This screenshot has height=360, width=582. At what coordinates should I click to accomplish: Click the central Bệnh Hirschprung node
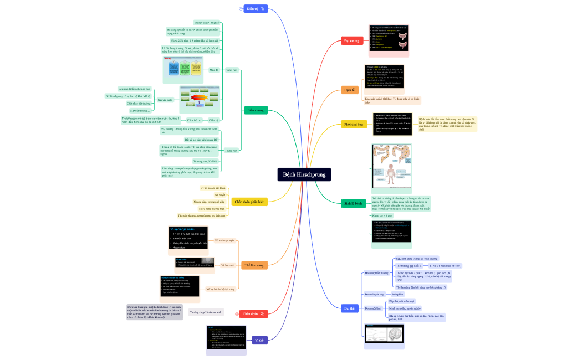coord(304,174)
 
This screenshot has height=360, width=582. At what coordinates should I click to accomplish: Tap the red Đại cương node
coord(352,41)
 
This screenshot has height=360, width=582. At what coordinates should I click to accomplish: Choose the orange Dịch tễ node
coord(349,90)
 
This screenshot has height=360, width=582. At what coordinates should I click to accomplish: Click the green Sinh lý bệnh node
coord(354,203)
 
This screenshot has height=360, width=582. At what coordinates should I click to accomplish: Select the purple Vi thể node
coord(258,340)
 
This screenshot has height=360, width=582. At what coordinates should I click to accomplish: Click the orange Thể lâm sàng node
coord(254,265)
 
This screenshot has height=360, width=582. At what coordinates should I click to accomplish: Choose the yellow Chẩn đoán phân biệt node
coord(249,202)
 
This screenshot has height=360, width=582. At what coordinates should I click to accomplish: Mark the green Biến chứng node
coord(255,110)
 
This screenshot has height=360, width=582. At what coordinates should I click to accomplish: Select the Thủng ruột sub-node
coord(231,150)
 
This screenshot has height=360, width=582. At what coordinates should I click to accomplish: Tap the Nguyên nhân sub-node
coord(165,100)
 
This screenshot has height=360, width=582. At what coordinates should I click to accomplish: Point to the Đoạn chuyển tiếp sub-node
coord(375,294)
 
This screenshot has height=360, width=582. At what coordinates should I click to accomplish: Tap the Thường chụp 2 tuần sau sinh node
coord(206,312)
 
